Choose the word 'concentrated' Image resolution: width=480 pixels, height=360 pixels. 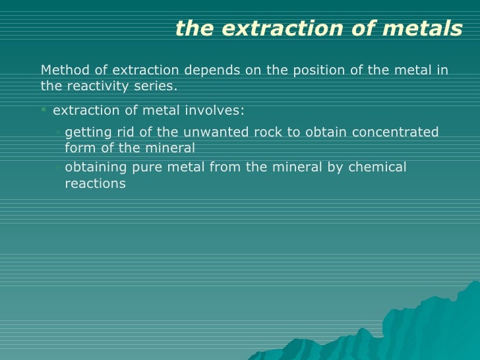click(395, 132)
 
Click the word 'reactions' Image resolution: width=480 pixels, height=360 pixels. click(95, 183)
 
